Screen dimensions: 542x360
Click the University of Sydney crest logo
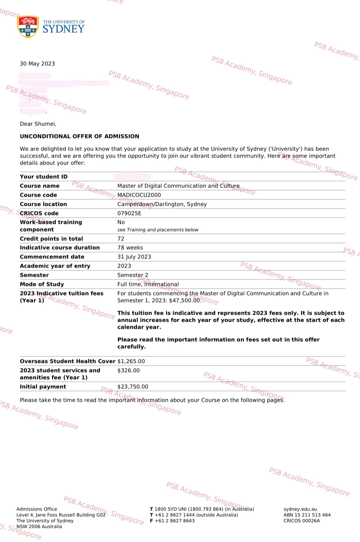[28, 27]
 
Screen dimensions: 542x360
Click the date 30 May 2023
[37, 64]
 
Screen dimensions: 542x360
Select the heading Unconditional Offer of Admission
[79, 136]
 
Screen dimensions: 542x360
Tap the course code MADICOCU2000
[139, 195]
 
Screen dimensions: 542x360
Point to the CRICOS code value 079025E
[129, 213]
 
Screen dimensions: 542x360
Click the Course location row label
[43, 204]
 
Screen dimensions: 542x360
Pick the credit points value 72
[121, 238]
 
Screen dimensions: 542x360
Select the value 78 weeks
[130, 248]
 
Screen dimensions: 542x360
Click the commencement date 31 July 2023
[134, 257]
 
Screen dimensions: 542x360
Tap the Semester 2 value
[133, 275]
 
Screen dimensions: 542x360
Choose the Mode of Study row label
[42, 284]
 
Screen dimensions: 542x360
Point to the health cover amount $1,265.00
[131, 361]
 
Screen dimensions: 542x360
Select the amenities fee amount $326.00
[128, 370]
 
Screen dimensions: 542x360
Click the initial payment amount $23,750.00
[133, 387]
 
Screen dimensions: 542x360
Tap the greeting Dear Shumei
[38, 124]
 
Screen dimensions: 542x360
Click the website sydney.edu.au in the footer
[300, 509]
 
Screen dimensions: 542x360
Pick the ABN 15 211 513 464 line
[307, 515]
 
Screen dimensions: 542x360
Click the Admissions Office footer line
[37, 509]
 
